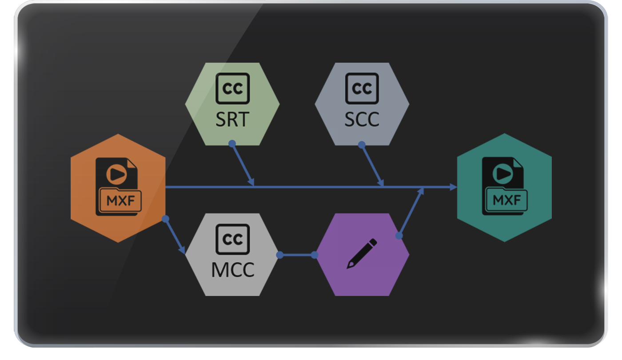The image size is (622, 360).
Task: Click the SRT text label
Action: pos(232,119)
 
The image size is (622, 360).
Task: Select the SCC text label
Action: pos(362,119)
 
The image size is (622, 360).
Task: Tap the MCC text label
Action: pos(232,269)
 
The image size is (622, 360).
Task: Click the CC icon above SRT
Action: pos(232,88)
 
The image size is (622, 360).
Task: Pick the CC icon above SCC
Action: pos(362,88)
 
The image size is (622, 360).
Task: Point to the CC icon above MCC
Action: pos(232,239)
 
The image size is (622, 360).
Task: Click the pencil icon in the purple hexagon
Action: pos(362,254)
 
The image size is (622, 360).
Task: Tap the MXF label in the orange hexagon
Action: pos(120,200)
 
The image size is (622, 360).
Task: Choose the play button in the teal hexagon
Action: pos(502,173)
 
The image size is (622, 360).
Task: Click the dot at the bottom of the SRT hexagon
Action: pos(232,144)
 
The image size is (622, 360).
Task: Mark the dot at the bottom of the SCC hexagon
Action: pos(362,144)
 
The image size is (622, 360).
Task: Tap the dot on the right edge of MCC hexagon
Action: pos(280,255)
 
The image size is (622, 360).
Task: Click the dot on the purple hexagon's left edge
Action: pos(315,255)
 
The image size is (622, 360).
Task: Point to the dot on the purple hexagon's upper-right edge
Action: pos(399,236)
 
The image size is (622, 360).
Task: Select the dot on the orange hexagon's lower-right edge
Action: pos(165,219)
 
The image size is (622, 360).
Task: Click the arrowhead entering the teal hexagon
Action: pos(453,187)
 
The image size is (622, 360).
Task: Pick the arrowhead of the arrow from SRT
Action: pos(252,182)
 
